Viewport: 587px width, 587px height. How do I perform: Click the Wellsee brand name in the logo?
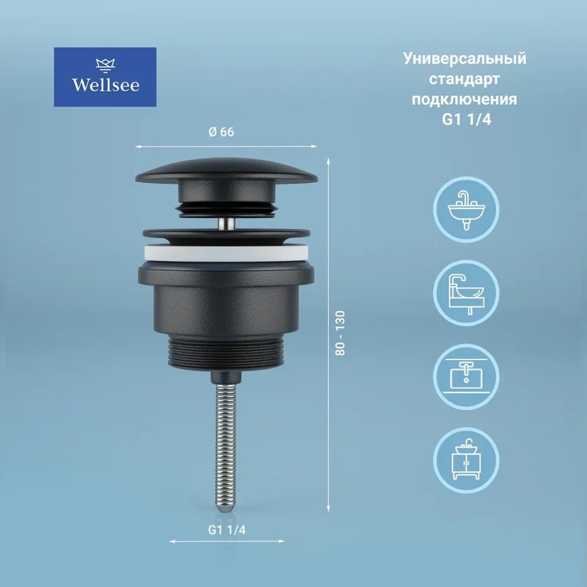(x=105, y=85)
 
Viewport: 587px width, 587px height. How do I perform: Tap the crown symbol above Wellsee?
(x=105, y=65)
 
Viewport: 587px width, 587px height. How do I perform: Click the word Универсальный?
(x=464, y=59)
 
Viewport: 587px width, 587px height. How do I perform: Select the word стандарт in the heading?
(x=464, y=79)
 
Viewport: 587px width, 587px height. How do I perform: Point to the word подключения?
(x=464, y=100)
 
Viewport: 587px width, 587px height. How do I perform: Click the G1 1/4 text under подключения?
(x=466, y=120)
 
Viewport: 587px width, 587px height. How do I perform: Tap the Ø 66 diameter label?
(x=222, y=132)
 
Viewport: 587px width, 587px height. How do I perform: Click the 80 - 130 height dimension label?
(x=340, y=333)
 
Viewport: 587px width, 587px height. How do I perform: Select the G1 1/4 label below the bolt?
(x=227, y=530)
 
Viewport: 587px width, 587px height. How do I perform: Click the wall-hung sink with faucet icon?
(x=466, y=210)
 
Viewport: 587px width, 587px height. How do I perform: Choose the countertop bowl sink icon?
(x=466, y=293)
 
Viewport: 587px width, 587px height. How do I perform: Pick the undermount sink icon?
(x=466, y=376)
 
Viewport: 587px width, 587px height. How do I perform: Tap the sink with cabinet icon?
(x=466, y=460)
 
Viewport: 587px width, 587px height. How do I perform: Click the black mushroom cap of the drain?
(x=227, y=172)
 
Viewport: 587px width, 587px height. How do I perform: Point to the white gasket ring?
(x=227, y=254)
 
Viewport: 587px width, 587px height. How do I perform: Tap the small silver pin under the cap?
(x=227, y=224)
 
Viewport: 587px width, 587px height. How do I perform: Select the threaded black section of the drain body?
(x=227, y=351)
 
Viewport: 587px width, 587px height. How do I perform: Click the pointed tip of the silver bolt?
(x=226, y=512)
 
